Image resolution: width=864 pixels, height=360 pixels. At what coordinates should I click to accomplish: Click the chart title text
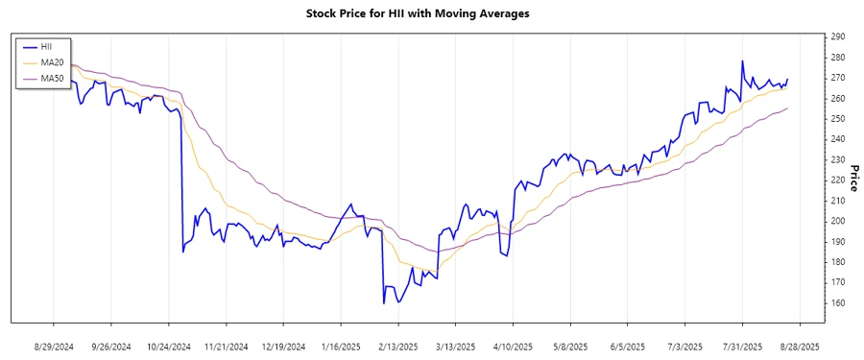[431, 13]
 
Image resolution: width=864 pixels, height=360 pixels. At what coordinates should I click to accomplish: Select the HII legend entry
[46, 46]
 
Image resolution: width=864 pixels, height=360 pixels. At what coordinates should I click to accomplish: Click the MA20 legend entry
[52, 62]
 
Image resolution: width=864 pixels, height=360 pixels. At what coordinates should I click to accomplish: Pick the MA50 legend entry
[52, 79]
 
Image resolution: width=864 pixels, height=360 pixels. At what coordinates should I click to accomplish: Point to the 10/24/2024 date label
[168, 346]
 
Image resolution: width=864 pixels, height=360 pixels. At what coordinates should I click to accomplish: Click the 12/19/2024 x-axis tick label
[283, 346]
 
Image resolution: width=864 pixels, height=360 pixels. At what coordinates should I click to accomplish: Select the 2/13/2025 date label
[397, 346]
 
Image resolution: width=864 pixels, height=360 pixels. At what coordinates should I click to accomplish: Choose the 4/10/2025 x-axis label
[513, 346]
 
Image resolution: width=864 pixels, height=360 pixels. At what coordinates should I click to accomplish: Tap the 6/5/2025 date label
[627, 346]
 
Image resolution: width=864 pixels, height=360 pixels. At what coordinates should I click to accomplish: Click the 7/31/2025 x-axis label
[742, 346]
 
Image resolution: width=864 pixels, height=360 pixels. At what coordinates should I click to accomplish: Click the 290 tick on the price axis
[838, 36]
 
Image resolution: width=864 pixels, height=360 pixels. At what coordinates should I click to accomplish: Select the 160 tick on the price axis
[838, 302]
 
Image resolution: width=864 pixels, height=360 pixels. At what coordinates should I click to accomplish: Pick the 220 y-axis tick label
[838, 180]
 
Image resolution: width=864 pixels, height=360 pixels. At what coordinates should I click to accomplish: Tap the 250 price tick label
[838, 118]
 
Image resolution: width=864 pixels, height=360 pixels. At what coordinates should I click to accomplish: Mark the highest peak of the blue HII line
[742, 61]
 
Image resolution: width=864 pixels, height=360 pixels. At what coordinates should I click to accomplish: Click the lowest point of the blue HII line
[383, 303]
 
